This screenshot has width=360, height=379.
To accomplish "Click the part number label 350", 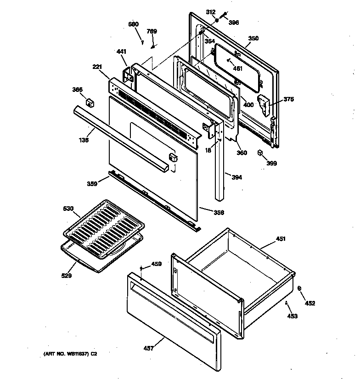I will tap(253, 39).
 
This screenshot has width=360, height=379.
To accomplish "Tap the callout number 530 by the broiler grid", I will tap(68, 209).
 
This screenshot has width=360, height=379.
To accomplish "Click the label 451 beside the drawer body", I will tap(280, 238).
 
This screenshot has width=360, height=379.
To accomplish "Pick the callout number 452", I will tap(310, 303).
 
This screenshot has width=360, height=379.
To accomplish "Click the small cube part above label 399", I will tap(260, 153).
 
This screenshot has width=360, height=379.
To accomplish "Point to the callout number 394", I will tap(237, 177).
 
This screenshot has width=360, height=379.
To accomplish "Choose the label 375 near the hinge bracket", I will tap(288, 99).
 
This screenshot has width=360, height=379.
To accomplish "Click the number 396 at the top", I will tap(234, 22).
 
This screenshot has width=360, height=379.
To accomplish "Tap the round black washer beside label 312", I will tap(216, 21).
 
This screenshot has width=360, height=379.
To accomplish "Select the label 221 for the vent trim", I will tap(97, 67).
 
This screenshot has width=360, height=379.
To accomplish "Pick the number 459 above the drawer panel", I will tap(157, 264).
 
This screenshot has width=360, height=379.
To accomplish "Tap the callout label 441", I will tap(121, 52).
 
